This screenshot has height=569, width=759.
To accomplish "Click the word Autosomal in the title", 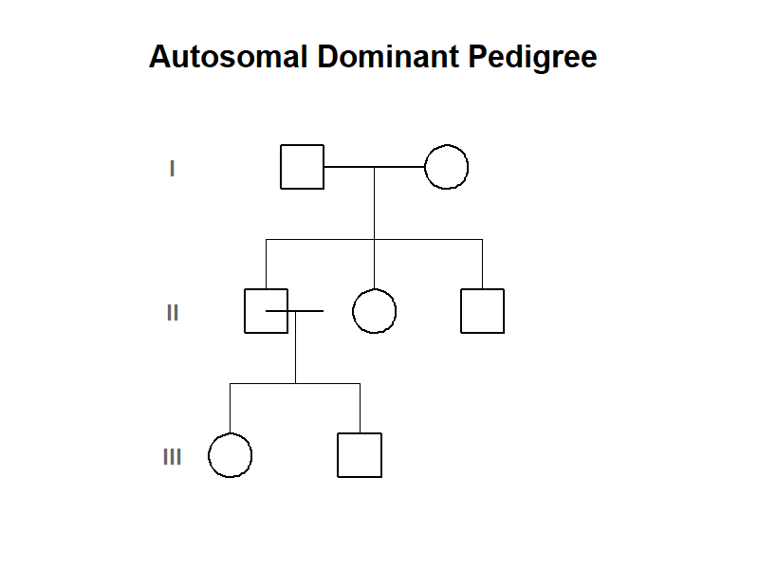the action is [229, 57].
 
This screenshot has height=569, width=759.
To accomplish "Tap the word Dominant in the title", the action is [388, 57].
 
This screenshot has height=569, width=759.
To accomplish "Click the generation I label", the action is [172, 169].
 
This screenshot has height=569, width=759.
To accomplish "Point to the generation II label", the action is [173, 313].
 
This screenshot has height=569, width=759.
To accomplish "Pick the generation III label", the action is [173, 457].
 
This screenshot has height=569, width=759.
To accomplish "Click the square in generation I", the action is [281, 167].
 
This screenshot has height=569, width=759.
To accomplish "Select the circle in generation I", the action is [425, 167].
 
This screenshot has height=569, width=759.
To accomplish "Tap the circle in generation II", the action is [353, 311].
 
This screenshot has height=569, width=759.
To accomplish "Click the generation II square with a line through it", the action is [245, 311].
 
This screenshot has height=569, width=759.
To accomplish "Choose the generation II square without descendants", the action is [461, 311].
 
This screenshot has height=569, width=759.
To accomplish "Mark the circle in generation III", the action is [209, 455].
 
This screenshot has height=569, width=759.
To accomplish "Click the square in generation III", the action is [338, 455].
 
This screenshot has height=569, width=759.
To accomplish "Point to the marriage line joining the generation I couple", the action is [374, 167].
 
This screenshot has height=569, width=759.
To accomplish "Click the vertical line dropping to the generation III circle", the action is [230, 409].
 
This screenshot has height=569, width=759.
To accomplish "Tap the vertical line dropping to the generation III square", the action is [360, 409].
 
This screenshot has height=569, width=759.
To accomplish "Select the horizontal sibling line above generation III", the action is [295, 384].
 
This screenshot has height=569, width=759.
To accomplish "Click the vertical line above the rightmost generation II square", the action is [482, 265].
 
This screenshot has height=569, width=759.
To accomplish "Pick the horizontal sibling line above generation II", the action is [374, 240].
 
